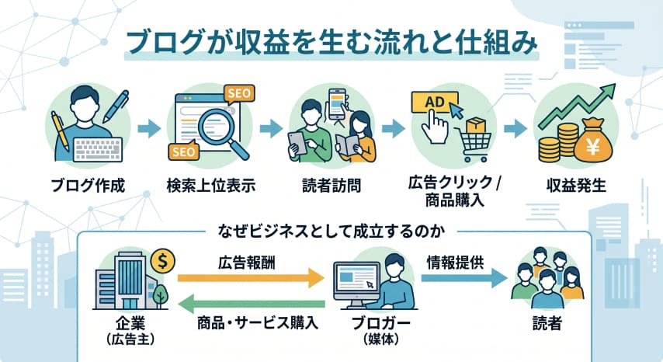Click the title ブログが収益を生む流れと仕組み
pos(331,44)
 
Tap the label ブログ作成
pos(88,186)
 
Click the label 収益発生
pos(575,186)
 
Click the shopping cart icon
pos(470,140)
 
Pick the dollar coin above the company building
pos(163,259)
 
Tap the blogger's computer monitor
pos(356,278)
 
